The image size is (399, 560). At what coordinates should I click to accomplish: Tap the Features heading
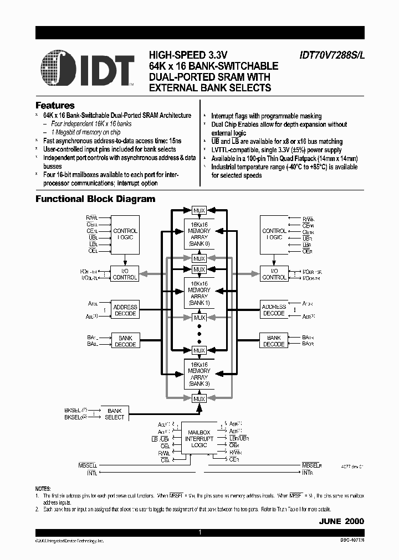[x=55, y=105]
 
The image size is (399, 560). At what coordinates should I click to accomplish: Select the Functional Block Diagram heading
[x=95, y=199]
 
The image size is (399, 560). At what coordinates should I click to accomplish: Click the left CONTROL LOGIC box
[x=125, y=234]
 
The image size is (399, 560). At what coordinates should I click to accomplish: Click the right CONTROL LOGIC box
[x=274, y=234]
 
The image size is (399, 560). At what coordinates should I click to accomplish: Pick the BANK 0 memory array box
[x=199, y=234]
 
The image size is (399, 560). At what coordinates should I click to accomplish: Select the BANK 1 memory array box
[x=199, y=293]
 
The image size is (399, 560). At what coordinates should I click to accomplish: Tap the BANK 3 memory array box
[x=199, y=374]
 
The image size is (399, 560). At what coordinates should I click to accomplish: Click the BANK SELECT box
[x=115, y=414]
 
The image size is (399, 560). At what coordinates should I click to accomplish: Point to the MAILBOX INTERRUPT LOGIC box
[x=199, y=438]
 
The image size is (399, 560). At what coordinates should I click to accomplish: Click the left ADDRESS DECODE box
[x=125, y=310]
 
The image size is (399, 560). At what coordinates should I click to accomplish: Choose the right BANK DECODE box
[x=274, y=341]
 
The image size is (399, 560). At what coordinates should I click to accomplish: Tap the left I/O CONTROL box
[x=125, y=274]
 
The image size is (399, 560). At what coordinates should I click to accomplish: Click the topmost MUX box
[x=199, y=210]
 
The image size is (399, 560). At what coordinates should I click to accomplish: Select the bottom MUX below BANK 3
[x=199, y=398]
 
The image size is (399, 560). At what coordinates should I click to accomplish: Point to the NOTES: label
[x=43, y=489]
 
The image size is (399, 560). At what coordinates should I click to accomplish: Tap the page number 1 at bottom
[x=199, y=532]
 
